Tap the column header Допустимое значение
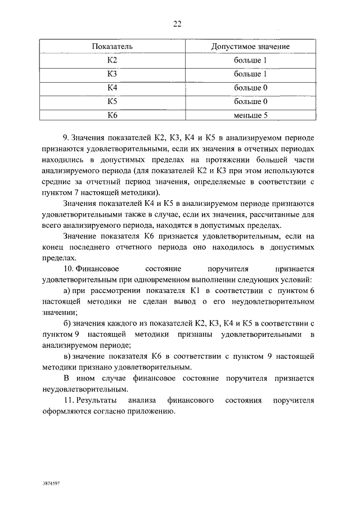point(250,46)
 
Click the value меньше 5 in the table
point(250,115)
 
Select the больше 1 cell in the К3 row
point(250,74)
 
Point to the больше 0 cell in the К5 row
point(250,102)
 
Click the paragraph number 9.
point(65,138)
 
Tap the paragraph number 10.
point(67,269)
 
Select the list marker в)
point(66,356)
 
